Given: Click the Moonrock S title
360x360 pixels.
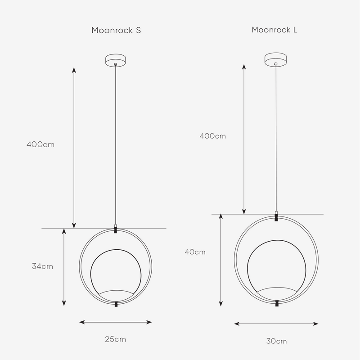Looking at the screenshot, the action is click(x=116, y=30).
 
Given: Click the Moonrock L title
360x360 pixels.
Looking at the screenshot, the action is click(x=274, y=30).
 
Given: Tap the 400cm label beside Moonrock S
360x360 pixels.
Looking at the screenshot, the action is click(x=40, y=144).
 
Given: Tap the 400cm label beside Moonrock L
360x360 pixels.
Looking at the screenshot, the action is click(x=212, y=136).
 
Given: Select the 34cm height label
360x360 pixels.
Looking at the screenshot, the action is click(x=42, y=266).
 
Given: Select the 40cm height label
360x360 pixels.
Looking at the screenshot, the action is click(x=195, y=252).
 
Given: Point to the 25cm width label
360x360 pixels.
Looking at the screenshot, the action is click(x=116, y=339).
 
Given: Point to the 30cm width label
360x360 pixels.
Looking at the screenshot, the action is click(x=276, y=341).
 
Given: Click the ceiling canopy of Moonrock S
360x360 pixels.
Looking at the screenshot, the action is click(x=116, y=60).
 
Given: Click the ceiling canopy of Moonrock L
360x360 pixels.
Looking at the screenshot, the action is click(x=275, y=59).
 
